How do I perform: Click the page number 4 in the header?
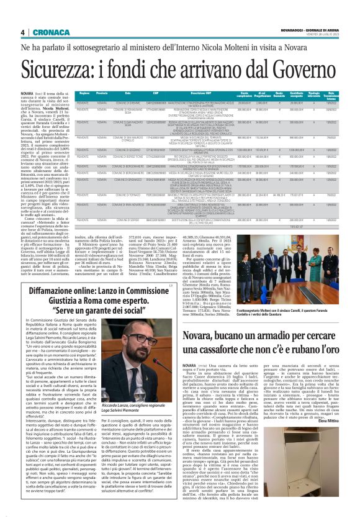point(22,32)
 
